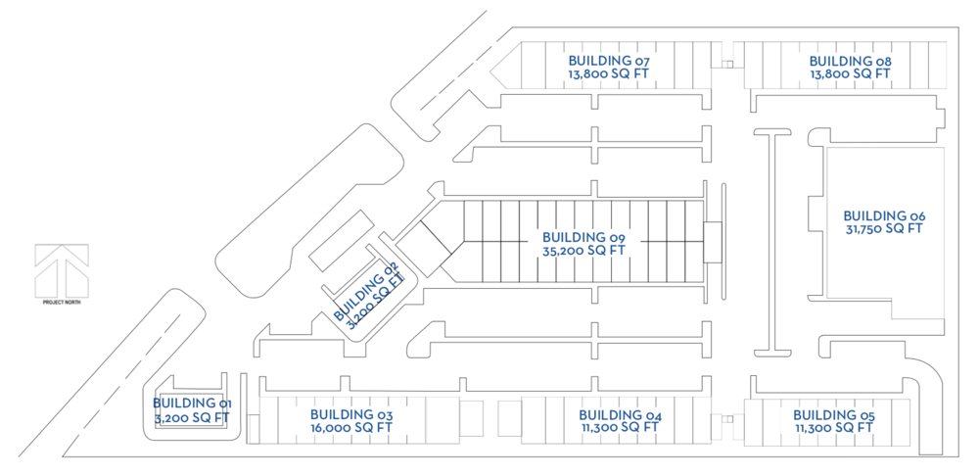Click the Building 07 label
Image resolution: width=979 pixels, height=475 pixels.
click(x=609, y=62)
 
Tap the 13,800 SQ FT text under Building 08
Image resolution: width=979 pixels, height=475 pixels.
click(x=850, y=73)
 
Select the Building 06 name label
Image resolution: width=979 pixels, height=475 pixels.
click(x=884, y=215)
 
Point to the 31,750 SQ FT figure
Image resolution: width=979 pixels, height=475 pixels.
click(x=884, y=228)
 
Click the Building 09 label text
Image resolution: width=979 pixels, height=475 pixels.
click(x=583, y=237)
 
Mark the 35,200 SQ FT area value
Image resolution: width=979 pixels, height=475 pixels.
click(x=583, y=250)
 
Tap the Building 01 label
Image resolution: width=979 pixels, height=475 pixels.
click(x=192, y=404)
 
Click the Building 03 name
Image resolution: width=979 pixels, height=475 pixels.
click(x=350, y=414)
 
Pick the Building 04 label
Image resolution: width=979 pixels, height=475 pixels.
click(x=620, y=415)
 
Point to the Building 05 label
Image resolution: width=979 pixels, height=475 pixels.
click(x=834, y=415)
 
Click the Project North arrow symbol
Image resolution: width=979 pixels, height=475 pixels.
click(x=61, y=270)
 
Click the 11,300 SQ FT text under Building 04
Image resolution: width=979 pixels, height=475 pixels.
click(x=620, y=427)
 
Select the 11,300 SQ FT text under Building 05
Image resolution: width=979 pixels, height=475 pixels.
click(x=834, y=428)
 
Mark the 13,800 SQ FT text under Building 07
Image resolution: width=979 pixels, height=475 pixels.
click(x=608, y=73)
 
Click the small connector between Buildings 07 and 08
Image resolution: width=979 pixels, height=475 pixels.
click(x=727, y=64)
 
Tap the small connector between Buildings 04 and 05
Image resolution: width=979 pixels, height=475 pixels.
click(x=727, y=419)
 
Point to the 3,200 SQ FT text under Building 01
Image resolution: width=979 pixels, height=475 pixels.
click(x=192, y=416)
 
